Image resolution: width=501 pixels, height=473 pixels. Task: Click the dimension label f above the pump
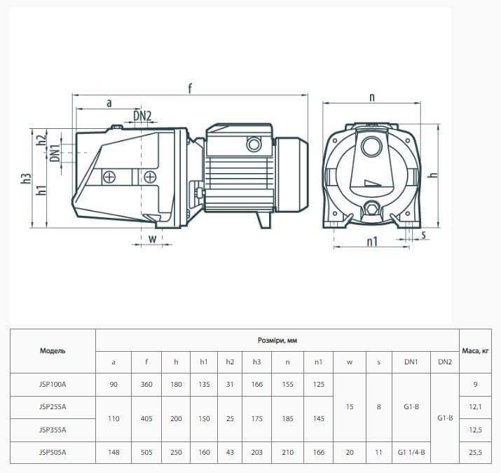[x=190, y=88]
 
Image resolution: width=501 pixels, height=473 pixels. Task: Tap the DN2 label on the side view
[x=142, y=116]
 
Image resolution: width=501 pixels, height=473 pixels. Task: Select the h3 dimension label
[x=26, y=178]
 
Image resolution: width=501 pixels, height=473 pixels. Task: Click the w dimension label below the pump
[x=153, y=238]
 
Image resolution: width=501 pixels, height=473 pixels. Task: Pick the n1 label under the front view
[x=372, y=241]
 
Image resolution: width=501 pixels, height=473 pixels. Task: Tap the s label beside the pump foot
[x=424, y=235]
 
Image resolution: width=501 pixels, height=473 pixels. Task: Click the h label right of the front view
[x=433, y=174]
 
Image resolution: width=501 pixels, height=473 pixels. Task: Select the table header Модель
[x=53, y=351]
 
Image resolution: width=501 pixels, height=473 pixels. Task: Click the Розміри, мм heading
[x=277, y=341]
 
